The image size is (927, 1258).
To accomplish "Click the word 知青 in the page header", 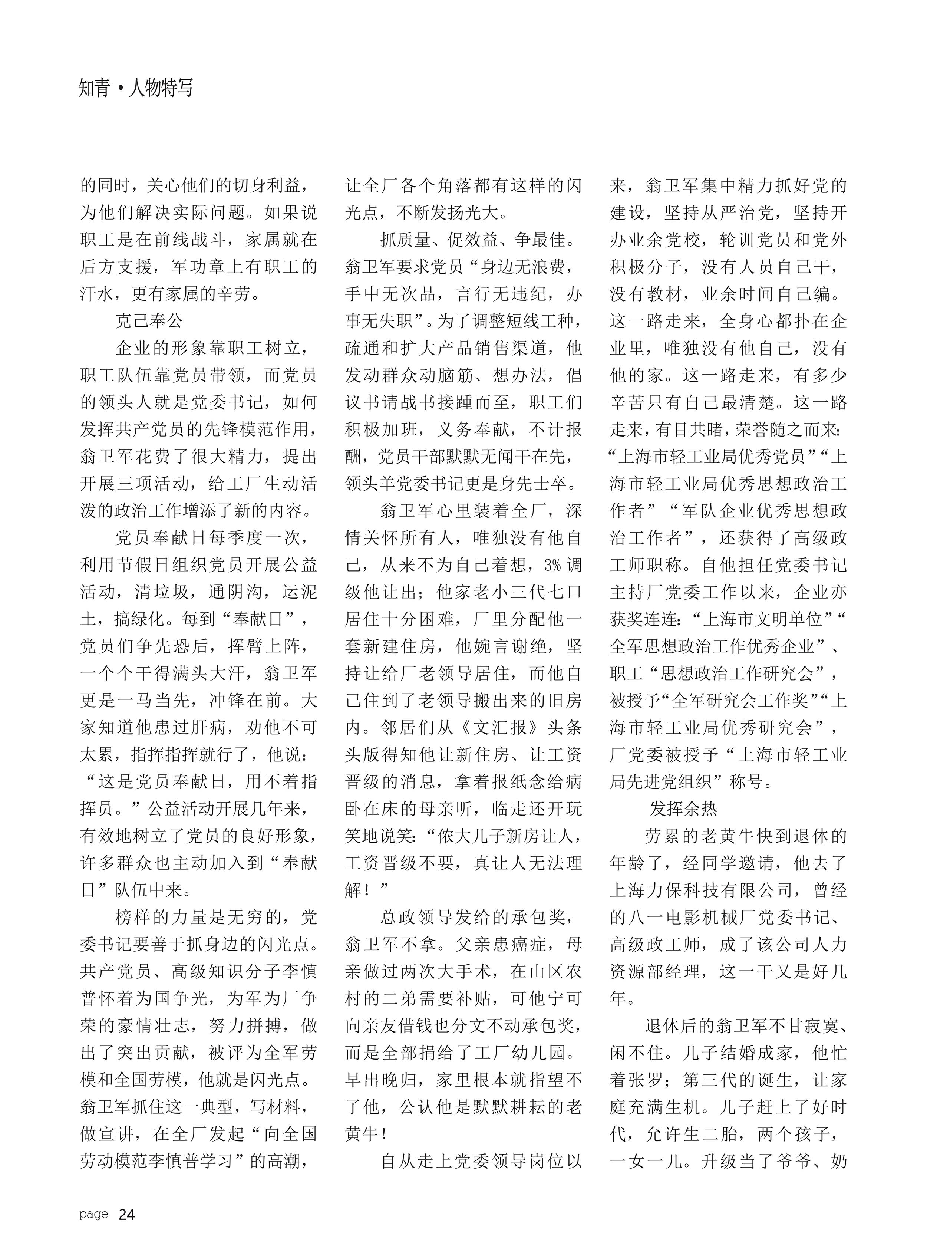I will coord(94,88).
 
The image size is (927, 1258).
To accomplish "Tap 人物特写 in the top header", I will coord(161,88).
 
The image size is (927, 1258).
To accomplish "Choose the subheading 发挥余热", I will coord(683,809).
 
